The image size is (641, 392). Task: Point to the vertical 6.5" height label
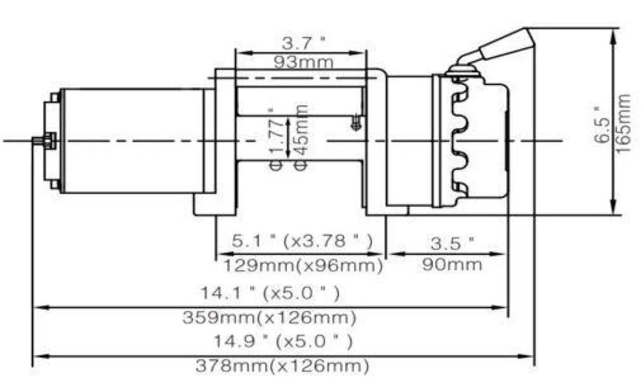603,125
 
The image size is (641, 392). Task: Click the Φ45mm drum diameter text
301,137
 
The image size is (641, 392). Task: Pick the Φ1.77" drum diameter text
276,137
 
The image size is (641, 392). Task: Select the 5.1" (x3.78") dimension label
300,240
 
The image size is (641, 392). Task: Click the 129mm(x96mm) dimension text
300,263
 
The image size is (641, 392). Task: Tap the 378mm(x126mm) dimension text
283,367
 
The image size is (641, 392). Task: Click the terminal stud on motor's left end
40,142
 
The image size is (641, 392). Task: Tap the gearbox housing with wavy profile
473,140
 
